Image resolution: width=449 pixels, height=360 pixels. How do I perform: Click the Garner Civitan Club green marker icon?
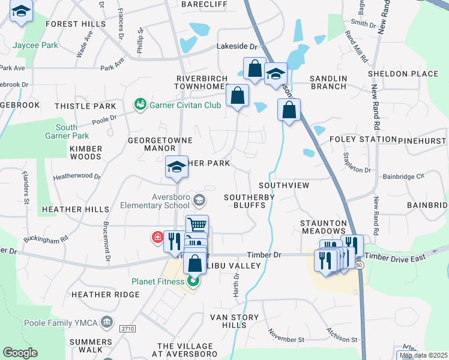(140, 105)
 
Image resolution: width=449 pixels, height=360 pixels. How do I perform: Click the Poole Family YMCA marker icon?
(107, 322)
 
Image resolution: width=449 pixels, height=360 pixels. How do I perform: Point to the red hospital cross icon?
(158, 238)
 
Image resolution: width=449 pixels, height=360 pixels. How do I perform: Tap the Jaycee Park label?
(35, 45)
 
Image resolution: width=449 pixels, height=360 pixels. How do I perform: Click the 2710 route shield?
(127, 329)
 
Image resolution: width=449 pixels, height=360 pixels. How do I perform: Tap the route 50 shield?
(358, 264)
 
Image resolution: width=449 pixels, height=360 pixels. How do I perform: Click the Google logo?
(20, 353)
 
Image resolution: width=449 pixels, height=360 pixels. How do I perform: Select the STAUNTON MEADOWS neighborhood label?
(324, 227)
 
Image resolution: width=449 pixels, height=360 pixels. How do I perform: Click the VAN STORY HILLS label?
(234, 321)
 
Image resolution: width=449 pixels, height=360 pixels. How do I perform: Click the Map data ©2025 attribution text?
(423, 355)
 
